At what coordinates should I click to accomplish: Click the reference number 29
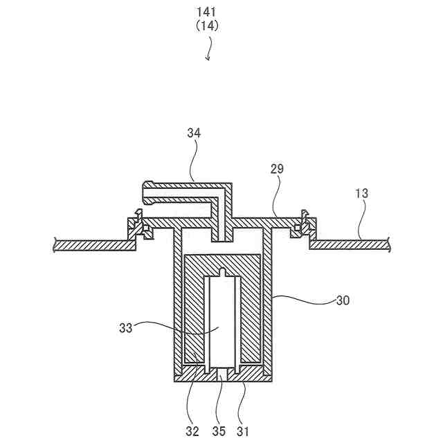[x=277, y=168]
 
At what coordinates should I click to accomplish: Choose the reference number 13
[x=361, y=195]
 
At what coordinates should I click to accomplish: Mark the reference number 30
[x=343, y=300]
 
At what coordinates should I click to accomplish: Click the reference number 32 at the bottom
[x=192, y=431]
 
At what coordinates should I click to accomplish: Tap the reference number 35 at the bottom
[x=218, y=431]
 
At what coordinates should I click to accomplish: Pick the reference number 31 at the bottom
[x=244, y=431]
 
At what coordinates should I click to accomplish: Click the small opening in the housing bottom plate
[x=221, y=374]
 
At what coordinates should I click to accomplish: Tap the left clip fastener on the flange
[x=138, y=225]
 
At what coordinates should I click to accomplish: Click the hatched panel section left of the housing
[x=93, y=244]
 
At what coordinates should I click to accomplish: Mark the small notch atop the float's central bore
[x=221, y=271]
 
